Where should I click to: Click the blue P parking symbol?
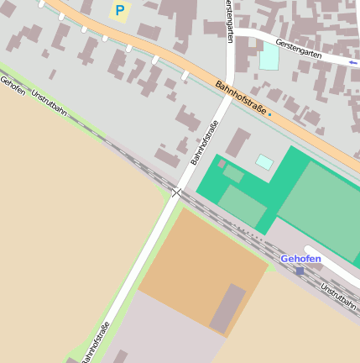[120, 11]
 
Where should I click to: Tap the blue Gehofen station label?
[300, 258]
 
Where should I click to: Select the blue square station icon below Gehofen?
[300, 271]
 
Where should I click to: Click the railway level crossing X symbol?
[176, 193]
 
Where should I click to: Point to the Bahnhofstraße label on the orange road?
[240, 98]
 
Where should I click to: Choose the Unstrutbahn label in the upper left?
[49, 104]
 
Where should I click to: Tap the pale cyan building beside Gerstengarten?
[269, 56]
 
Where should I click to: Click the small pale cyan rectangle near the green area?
[264, 161]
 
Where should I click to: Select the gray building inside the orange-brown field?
[227, 308]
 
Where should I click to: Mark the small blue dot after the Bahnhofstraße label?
[269, 114]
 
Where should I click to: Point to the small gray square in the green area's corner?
[222, 164]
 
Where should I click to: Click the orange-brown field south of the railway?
[193, 260]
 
